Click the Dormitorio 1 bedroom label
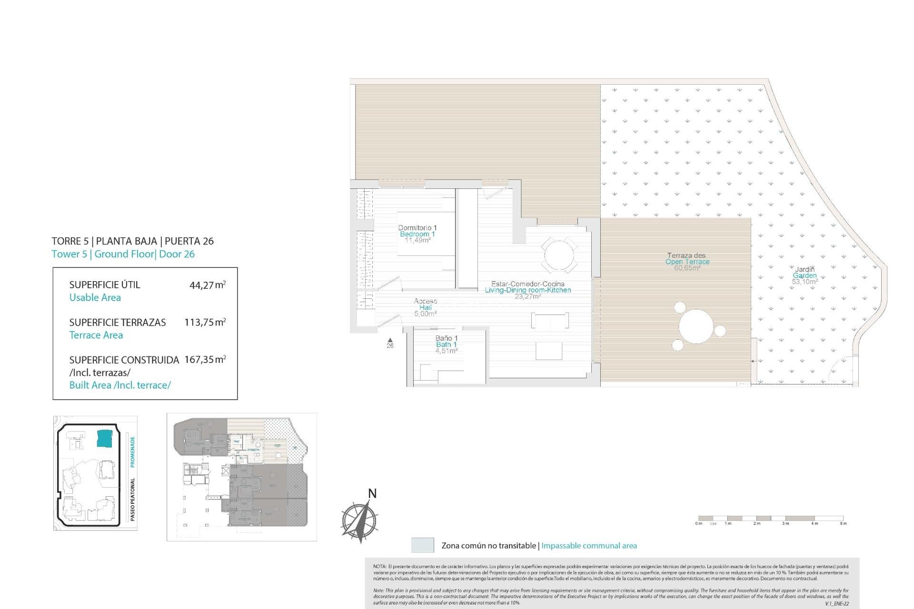417,228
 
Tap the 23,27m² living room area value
527,296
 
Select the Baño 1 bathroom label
446,338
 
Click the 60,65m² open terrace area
687,268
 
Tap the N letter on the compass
372,494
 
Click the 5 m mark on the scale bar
843,523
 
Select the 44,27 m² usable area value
207,285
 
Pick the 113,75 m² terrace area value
205,322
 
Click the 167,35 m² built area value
205,360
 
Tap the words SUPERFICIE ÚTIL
105,285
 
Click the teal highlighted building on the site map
104,438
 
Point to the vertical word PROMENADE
133,452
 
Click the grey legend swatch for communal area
422,545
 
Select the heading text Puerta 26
189,241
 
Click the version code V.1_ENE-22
836,603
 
